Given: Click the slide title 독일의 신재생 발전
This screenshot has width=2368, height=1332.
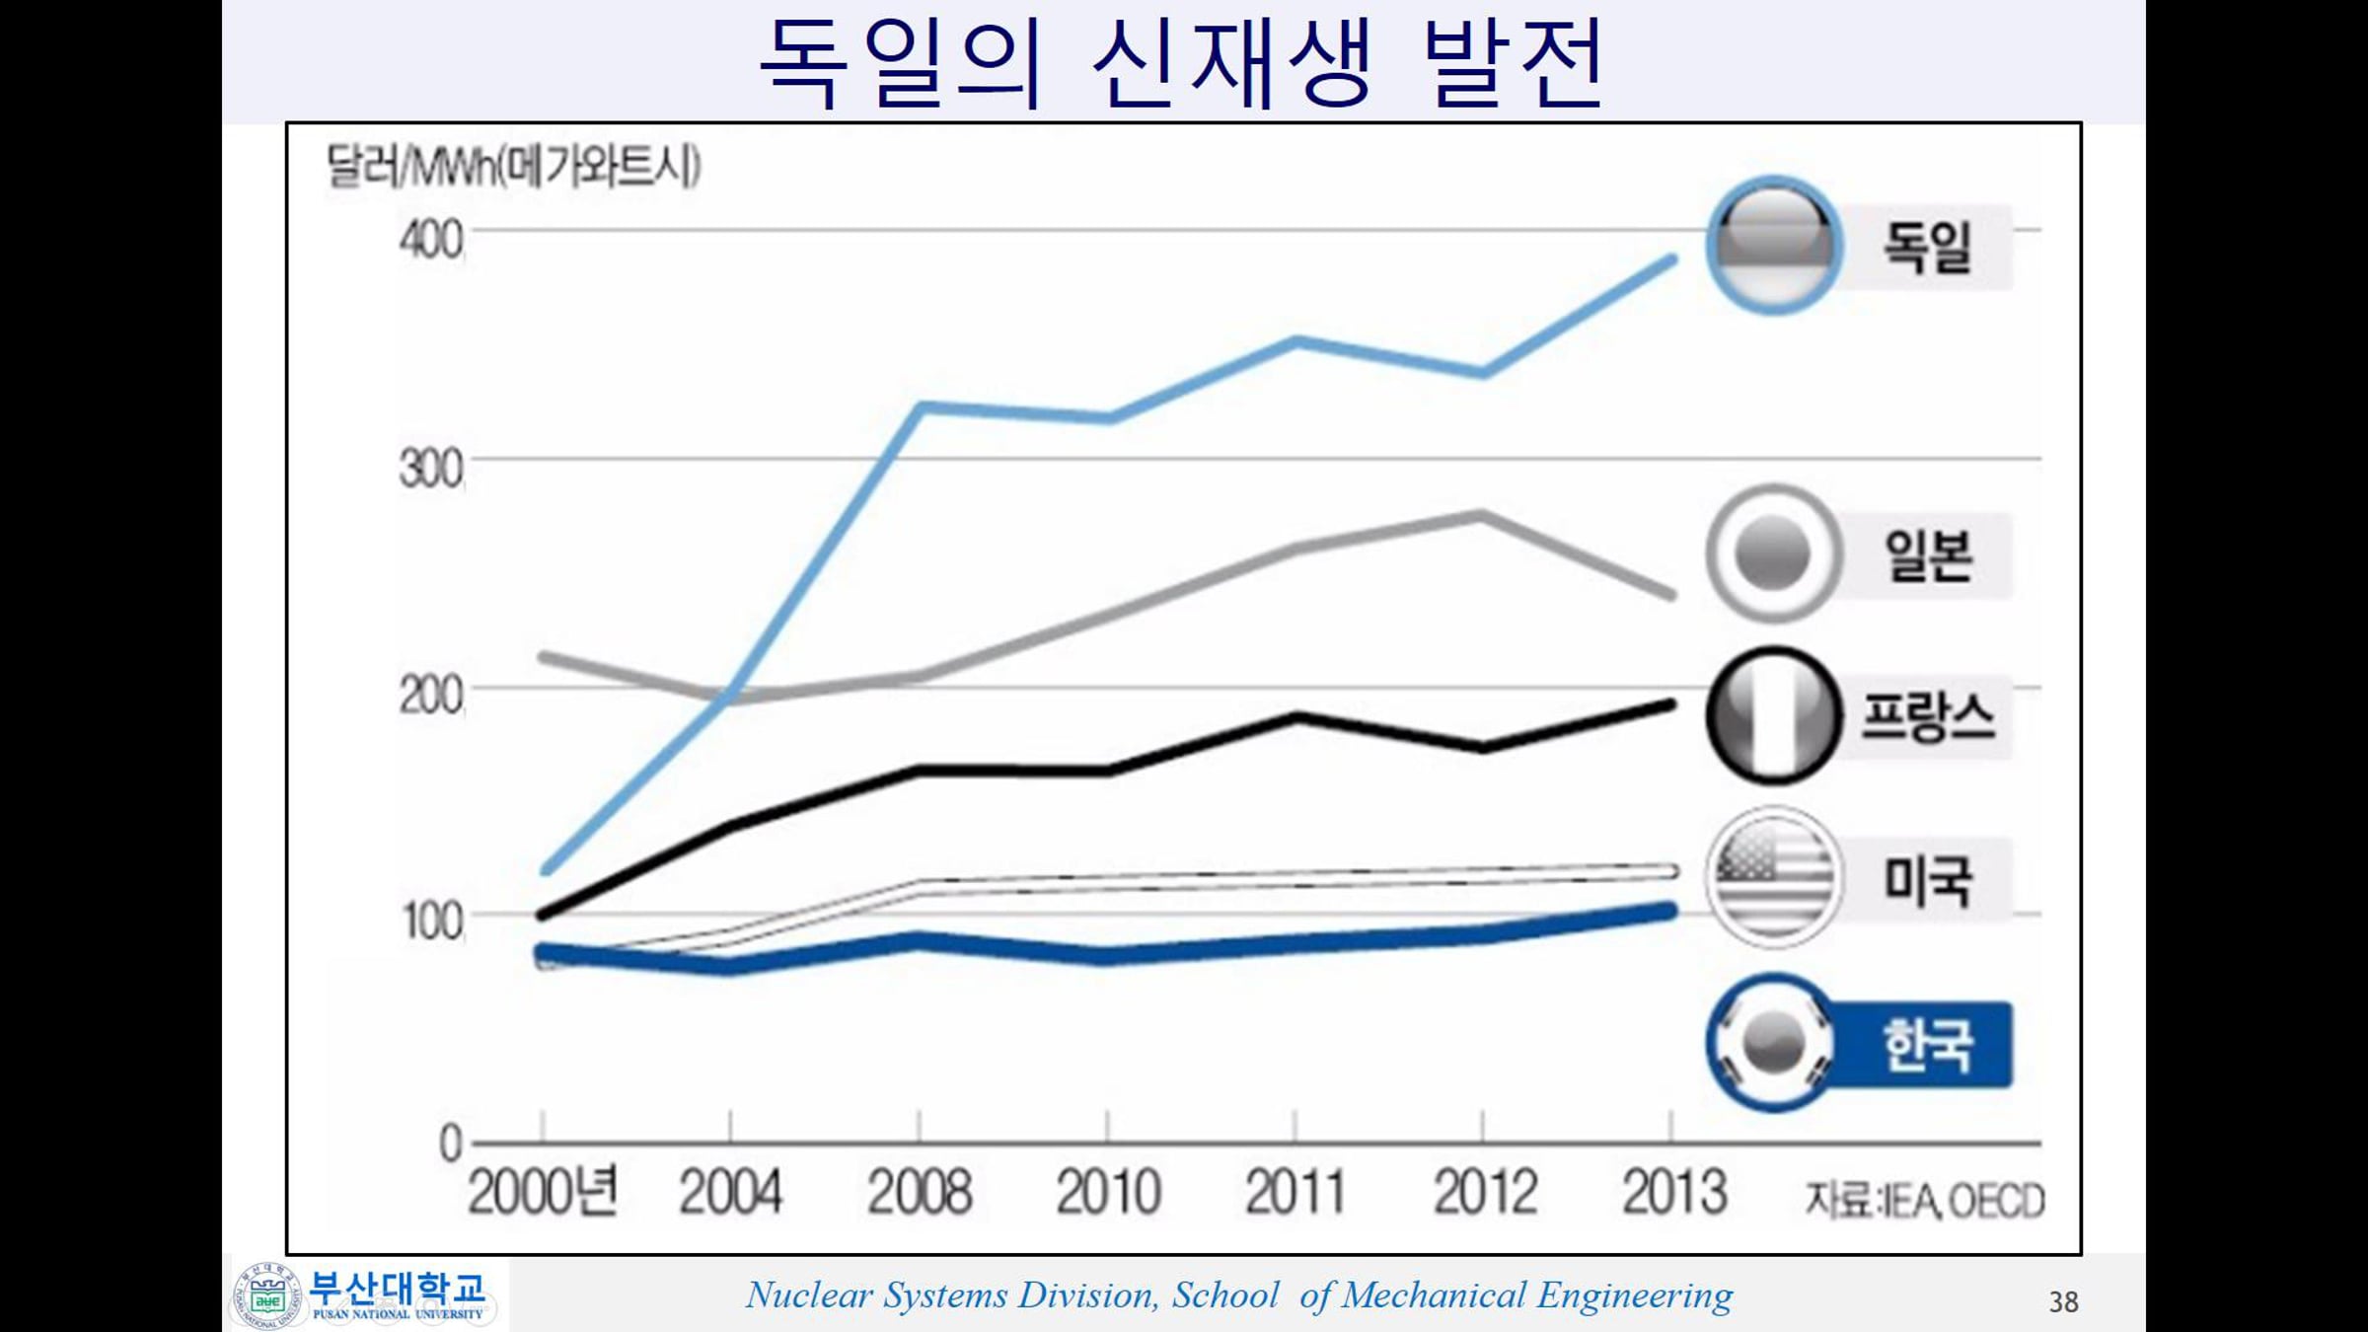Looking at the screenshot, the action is [1182, 61].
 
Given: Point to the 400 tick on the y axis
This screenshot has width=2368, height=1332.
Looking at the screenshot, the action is [431, 240].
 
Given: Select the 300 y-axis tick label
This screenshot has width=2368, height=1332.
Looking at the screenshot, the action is [431, 469].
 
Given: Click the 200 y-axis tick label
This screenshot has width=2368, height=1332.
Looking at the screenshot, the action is [431, 696].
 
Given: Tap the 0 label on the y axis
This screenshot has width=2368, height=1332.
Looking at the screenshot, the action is [451, 1144].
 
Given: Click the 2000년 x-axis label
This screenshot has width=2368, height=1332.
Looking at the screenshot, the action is [543, 1191].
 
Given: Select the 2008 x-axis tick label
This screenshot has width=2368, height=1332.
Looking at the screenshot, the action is [920, 1192].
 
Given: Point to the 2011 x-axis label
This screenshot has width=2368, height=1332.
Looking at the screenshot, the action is [1295, 1192].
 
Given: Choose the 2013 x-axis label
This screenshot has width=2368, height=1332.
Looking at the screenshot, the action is [1674, 1192].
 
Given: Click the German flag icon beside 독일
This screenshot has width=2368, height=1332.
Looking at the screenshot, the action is [1774, 245].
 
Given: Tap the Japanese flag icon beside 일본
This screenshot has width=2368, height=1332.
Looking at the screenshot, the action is [1774, 554].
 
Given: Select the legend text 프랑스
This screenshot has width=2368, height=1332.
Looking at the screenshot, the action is [1927, 716].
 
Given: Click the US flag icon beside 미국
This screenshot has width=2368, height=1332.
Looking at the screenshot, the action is [1774, 877].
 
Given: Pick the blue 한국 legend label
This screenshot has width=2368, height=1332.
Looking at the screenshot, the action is [1927, 1045].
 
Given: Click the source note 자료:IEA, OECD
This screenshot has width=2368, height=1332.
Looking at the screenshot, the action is [1925, 1201].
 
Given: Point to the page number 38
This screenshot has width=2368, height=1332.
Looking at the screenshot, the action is [2063, 1302].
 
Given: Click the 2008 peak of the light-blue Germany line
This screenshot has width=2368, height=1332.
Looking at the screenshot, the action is [921, 407].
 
